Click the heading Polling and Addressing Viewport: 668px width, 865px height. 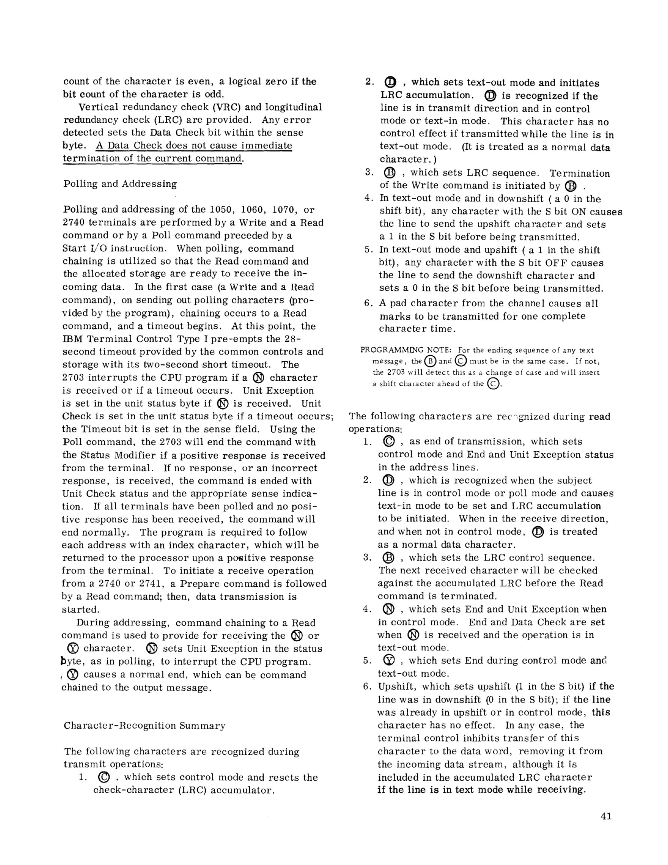[120, 184]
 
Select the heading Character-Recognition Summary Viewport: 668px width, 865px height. [144, 725]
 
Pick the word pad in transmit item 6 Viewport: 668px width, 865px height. [397, 303]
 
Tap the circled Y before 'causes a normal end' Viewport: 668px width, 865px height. [73, 674]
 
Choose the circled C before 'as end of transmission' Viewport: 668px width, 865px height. [389, 441]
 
